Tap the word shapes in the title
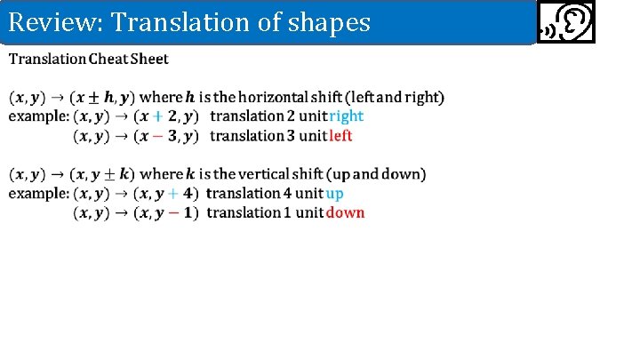point(329,23)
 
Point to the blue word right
point(346,116)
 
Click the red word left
point(340,136)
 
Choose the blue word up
point(335,193)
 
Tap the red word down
point(345,212)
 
